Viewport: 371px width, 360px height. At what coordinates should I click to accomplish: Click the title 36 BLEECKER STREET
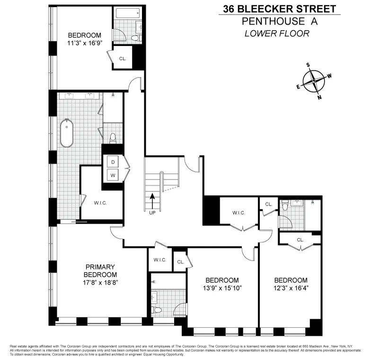tap(279, 9)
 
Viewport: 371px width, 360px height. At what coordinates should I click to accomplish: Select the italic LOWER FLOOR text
tap(277, 33)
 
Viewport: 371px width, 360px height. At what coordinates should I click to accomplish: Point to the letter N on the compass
tap(320, 98)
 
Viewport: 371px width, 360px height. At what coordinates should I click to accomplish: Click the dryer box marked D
tap(113, 162)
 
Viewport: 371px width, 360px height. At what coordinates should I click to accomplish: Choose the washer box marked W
tap(113, 175)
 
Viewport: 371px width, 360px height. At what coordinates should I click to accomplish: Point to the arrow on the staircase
tap(152, 199)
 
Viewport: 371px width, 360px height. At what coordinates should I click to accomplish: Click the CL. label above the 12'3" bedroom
tap(300, 240)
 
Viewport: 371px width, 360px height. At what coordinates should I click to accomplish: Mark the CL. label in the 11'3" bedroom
tap(123, 59)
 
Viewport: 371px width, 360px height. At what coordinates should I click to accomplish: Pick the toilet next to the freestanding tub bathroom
tap(113, 138)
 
